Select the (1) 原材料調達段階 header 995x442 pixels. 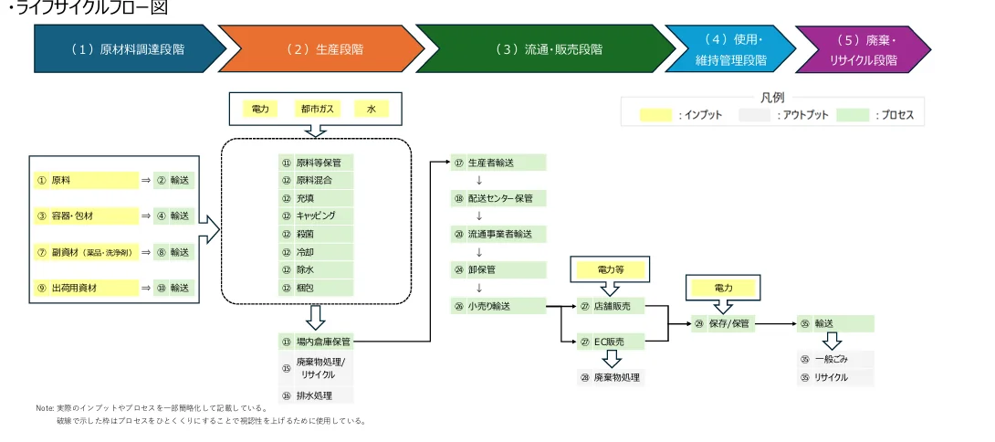pyautogui.click(x=127, y=48)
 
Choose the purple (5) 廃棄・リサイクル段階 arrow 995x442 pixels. pyautogui.click(x=863, y=49)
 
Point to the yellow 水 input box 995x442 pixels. pyautogui.click(x=372, y=109)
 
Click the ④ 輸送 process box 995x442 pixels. pyautogui.click(x=173, y=216)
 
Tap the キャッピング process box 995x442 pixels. pyautogui.click(x=316, y=216)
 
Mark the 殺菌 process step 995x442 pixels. pyautogui.click(x=316, y=234)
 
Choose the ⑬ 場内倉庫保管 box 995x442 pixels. pyautogui.click(x=316, y=342)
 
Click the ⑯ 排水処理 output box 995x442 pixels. pyautogui.click(x=316, y=395)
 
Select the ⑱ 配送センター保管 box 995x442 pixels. pyautogui.click(x=498, y=198)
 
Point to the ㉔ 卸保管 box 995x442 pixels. pyautogui.click(x=498, y=269)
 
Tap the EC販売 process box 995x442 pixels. pyautogui.click(x=610, y=342)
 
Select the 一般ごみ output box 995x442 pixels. pyautogui.click(x=834, y=359)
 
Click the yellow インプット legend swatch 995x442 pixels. pyautogui.click(x=656, y=116)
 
